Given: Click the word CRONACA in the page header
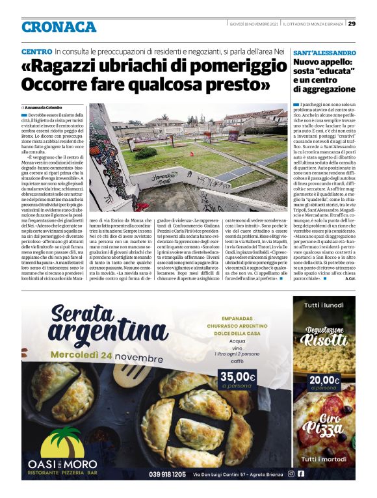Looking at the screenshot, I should pyautogui.click(x=58, y=27).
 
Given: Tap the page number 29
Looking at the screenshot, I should pyautogui.click(x=352, y=24).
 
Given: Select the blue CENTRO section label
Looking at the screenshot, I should pyautogui.click(x=36, y=51).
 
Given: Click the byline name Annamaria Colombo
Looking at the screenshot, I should pyautogui.click(x=47, y=107).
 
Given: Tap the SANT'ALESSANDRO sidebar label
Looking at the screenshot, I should pyautogui.click(x=324, y=52).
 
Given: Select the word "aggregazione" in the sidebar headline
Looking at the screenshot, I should pyautogui.click(x=326, y=89).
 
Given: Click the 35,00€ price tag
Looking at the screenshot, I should pyautogui.click(x=237, y=377).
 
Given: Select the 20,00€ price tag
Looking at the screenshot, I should pyautogui.click(x=324, y=381).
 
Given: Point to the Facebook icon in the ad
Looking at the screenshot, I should pyautogui.click(x=301, y=474).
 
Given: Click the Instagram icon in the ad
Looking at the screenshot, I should pyautogui.click(x=291, y=474).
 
